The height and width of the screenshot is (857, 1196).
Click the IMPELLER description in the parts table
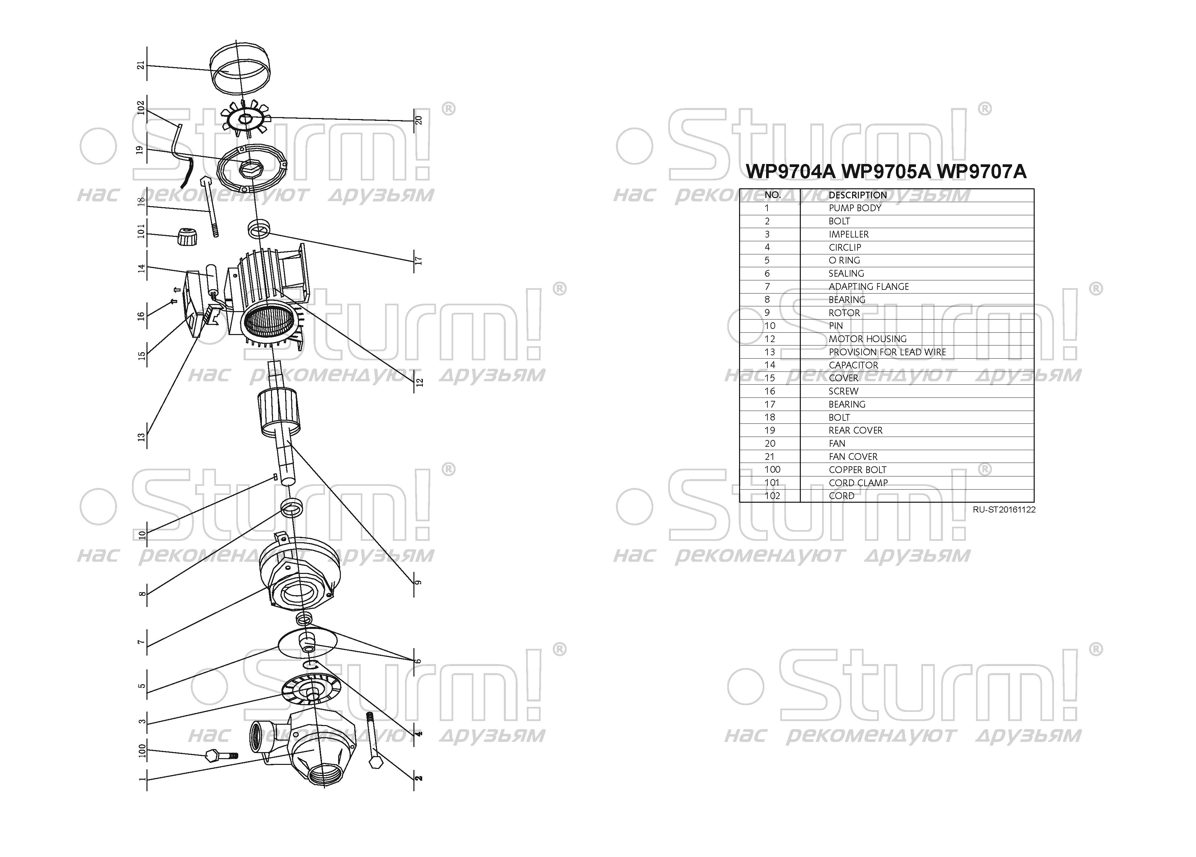848,234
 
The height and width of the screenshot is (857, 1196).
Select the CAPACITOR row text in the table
853,365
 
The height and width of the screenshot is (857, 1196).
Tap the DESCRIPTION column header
858,195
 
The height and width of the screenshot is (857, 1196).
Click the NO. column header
772,195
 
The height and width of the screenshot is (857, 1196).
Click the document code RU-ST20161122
1004,509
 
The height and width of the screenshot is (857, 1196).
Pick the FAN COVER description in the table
853,457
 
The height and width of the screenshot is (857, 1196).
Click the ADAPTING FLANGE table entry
869,286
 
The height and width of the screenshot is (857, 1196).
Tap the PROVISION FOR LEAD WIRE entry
887,352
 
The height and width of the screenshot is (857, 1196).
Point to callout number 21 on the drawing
140,65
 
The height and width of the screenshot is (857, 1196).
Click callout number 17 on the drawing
419,260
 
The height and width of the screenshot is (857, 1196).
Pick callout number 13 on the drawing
141,437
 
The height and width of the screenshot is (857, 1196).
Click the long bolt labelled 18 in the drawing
209,207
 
